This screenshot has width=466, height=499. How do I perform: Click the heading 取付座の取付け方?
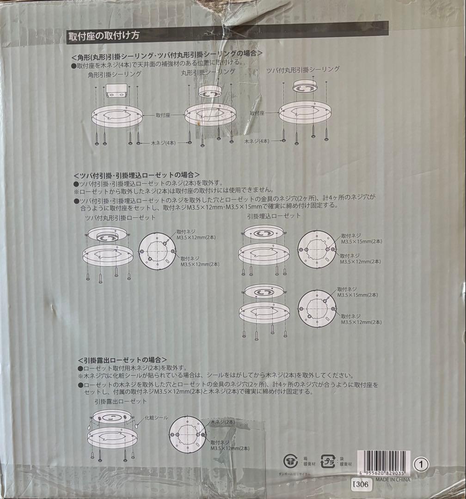(103, 35)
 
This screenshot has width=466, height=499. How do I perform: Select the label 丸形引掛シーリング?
(208, 73)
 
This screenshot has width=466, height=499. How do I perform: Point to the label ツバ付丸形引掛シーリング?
(303, 70)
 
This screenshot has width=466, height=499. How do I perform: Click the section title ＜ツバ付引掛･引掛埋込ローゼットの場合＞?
(136, 175)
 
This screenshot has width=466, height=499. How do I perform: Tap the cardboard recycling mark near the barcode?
(291, 461)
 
